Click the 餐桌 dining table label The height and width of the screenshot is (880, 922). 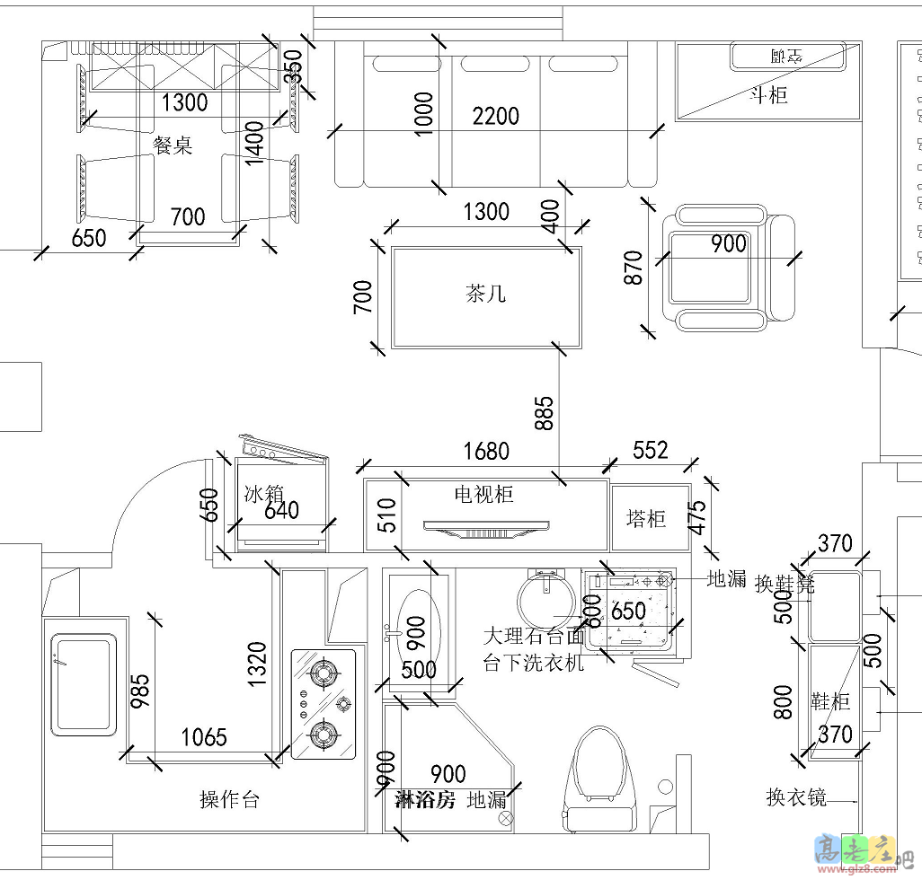pyautogui.click(x=173, y=145)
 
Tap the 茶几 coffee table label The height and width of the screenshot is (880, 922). pyautogui.click(x=486, y=294)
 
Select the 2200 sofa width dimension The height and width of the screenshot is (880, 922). pyautogui.click(x=496, y=116)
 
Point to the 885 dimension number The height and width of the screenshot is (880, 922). pyautogui.click(x=545, y=411)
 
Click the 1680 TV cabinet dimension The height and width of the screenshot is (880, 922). pyautogui.click(x=486, y=451)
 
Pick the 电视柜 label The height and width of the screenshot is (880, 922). pyautogui.click(x=483, y=494)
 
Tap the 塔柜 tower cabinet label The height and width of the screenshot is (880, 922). pyautogui.click(x=646, y=519)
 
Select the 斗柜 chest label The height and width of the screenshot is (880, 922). pyautogui.click(x=769, y=95)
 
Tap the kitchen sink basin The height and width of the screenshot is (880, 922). pyautogui.click(x=82, y=682)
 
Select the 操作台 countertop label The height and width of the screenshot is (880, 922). pyautogui.click(x=229, y=800)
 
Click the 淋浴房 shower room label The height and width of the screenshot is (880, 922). pyautogui.click(x=426, y=800)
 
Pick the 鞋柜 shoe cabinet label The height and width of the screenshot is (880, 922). pyautogui.click(x=831, y=700)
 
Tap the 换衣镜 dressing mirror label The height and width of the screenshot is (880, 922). pyautogui.click(x=796, y=796)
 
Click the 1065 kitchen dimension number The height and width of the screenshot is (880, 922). pyautogui.click(x=204, y=738)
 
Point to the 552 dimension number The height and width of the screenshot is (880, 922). pyautogui.click(x=651, y=450)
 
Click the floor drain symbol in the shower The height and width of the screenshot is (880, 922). pyautogui.click(x=505, y=818)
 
